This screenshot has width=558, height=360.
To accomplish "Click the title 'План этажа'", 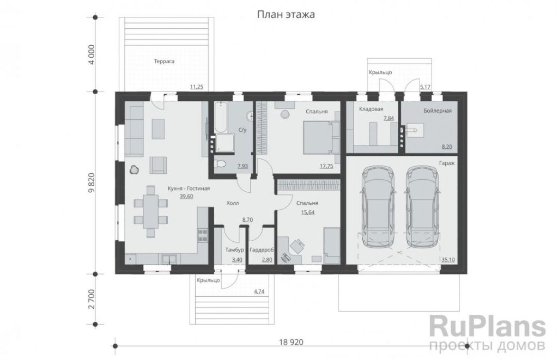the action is click(x=286, y=15).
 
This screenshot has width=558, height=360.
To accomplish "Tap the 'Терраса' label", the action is click(x=164, y=61).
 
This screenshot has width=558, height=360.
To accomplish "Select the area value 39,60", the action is click(x=186, y=197).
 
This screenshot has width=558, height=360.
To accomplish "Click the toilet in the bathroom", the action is click(x=220, y=164).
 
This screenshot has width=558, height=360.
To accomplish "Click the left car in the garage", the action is click(x=378, y=206).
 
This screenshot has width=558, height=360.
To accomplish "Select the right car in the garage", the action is click(x=422, y=206).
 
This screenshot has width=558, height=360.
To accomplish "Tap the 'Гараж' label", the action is click(x=447, y=163).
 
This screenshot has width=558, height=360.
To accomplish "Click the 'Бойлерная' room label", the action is click(x=438, y=111).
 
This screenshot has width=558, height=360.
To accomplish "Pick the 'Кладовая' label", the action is click(x=371, y=109).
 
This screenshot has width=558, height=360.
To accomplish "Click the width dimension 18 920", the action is click(x=291, y=342).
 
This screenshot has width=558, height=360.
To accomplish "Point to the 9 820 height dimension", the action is click(x=92, y=182).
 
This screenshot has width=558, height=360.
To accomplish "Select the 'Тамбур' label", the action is click(x=234, y=250).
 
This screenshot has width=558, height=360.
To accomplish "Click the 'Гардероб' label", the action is click(x=262, y=250).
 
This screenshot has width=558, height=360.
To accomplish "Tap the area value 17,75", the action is click(x=326, y=166).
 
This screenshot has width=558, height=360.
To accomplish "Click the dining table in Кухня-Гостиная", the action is click(x=151, y=212).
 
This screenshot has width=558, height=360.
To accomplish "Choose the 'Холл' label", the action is click(x=233, y=203).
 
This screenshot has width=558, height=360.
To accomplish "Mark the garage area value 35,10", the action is click(x=448, y=260).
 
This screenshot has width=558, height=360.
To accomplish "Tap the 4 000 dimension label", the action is click(x=92, y=54).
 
